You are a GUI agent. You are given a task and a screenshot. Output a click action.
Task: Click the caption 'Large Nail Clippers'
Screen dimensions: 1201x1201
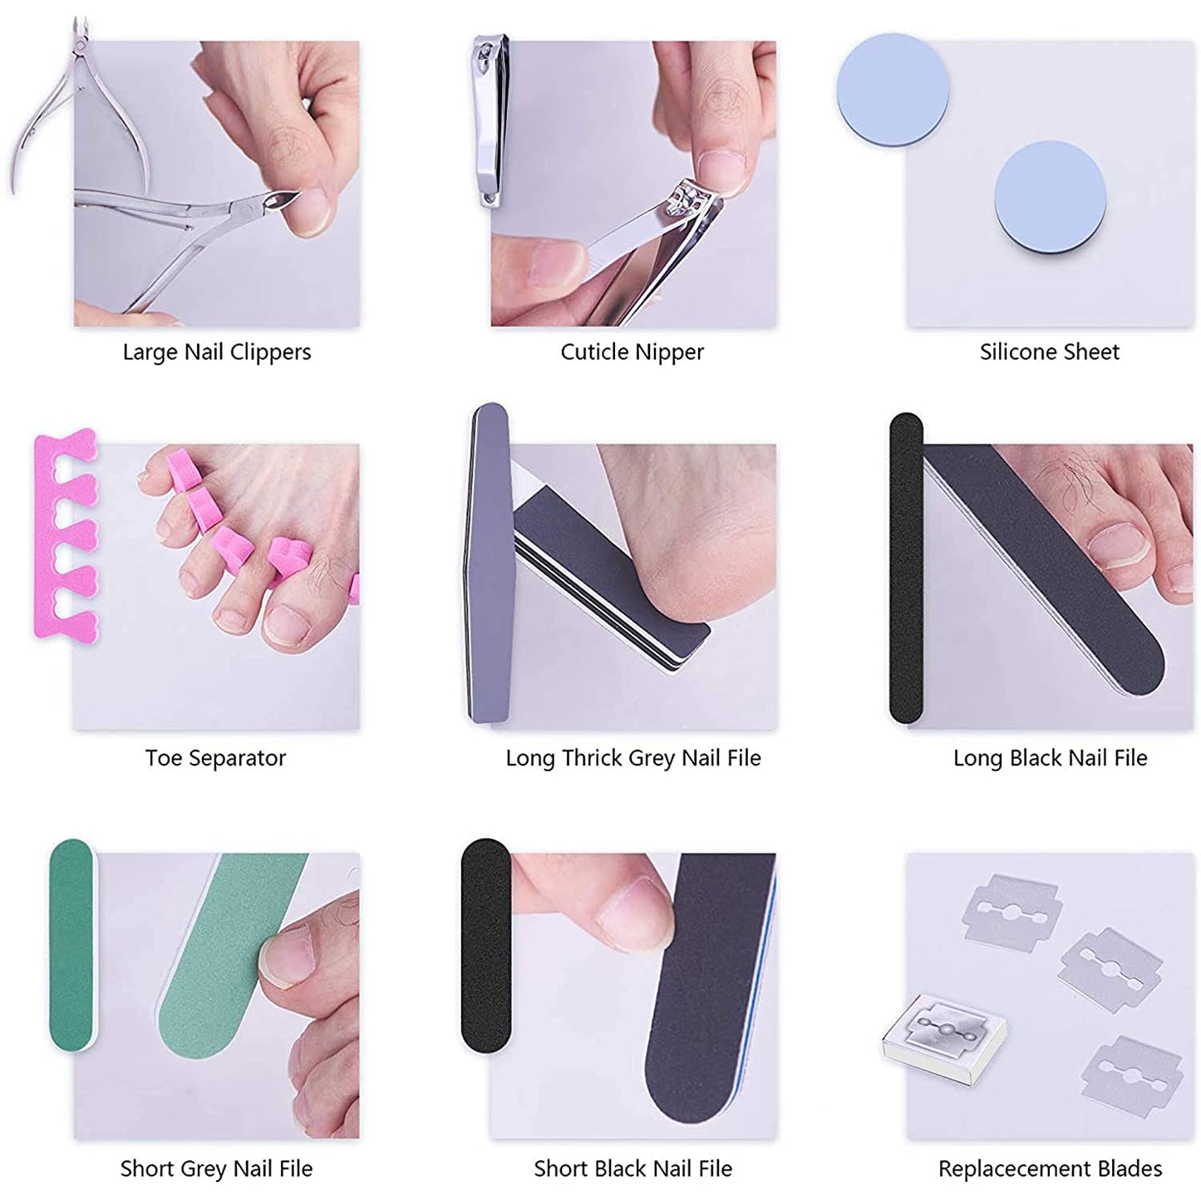click(x=217, y=352)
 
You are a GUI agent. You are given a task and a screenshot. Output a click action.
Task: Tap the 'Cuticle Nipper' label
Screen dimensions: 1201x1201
click(x=632, y=352)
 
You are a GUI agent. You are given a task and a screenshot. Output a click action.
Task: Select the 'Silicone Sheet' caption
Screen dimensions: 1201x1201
click(x=1049, y=352)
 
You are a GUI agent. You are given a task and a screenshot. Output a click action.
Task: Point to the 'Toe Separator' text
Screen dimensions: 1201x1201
click(x=215, y=758)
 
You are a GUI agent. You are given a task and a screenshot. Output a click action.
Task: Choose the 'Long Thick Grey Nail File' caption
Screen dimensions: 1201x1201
click(x=633, y=758)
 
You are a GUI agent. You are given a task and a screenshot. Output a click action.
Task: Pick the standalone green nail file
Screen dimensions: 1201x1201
click(x=72, y=945)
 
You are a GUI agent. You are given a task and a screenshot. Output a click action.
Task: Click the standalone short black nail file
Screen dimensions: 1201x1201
click(x=485, y=945)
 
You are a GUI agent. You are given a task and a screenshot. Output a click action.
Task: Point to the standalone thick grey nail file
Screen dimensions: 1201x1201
click(x=489, y=565)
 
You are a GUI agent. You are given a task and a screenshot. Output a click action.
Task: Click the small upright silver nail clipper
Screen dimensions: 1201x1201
click(x=490, y=121)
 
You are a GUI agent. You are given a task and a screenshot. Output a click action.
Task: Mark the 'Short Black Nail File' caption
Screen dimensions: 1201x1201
click(x=632, y=1169)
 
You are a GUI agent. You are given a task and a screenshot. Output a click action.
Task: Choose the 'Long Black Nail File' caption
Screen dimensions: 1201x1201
click(x=1050, y=758)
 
